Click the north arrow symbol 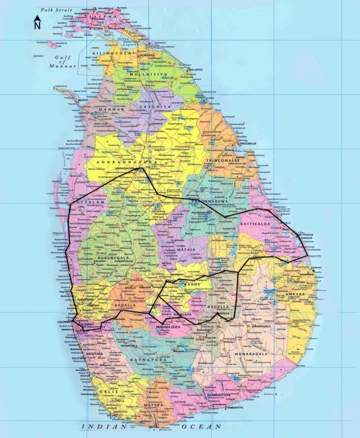coord(37,22)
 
